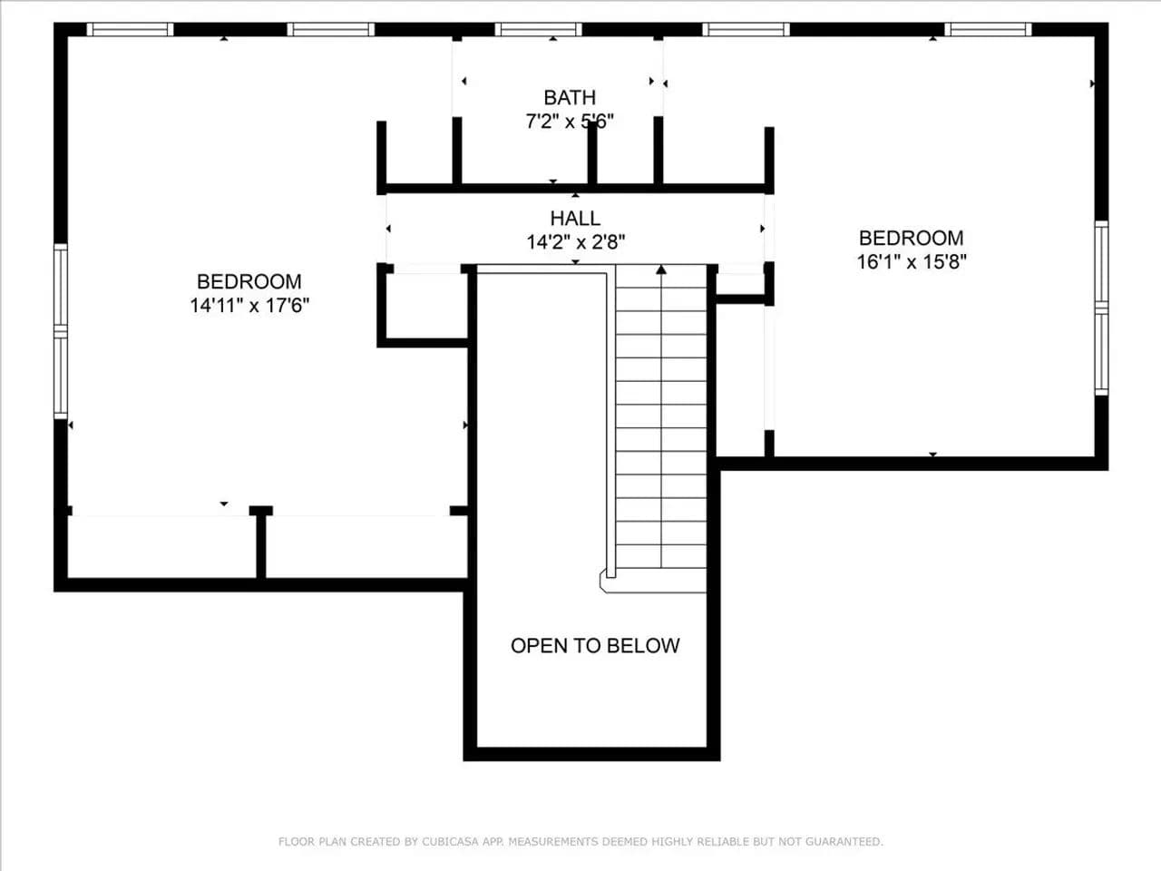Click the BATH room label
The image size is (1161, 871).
570,97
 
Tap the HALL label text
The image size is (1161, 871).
575,218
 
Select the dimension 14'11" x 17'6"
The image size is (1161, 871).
249,305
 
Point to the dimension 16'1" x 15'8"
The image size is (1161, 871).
912,261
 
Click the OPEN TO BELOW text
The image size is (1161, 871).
595,645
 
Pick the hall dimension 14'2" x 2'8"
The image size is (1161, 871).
575,242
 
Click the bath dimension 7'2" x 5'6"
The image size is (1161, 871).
570,122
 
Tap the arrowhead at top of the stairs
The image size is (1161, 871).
661,269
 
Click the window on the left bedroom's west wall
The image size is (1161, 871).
61,331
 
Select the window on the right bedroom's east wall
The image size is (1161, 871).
1101,308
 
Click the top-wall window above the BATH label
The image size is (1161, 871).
539,29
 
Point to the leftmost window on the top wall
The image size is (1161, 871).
130,29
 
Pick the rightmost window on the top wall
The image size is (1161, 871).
988,29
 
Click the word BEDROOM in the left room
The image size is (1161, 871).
249,281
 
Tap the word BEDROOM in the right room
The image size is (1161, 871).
912,238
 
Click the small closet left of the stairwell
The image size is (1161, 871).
426,305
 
